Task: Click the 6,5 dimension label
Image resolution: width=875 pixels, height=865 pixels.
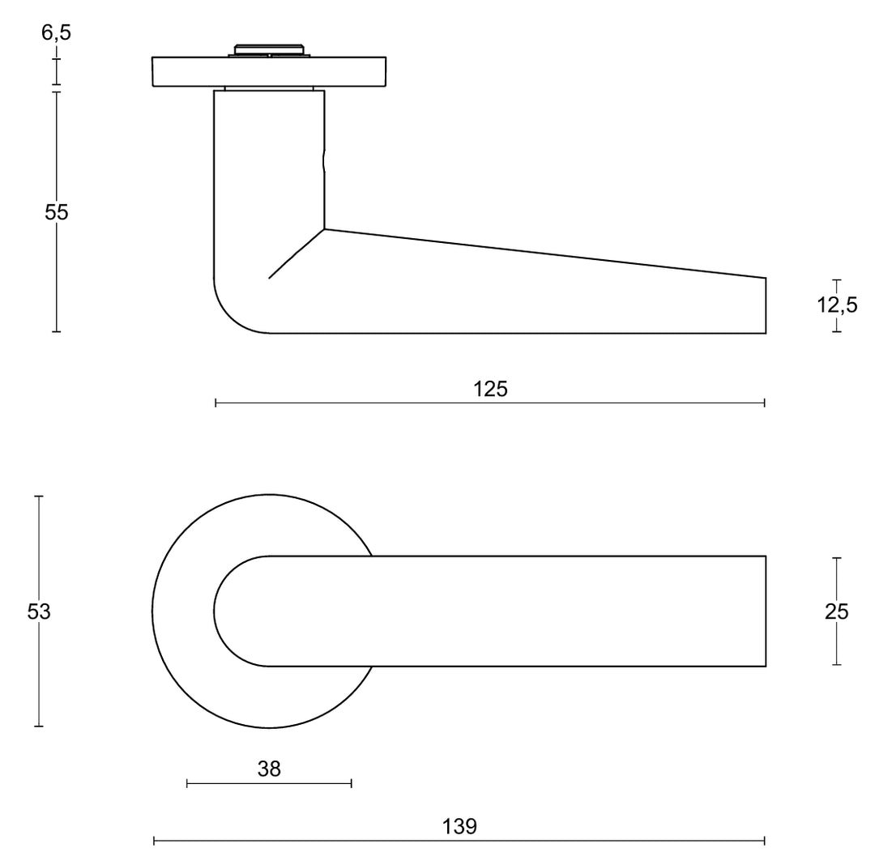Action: (55, 32)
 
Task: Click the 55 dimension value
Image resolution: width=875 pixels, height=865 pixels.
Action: (57, 212)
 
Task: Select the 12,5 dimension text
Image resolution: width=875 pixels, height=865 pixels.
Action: (837, 305)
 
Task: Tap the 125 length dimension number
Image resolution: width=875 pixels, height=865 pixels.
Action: (490, 390)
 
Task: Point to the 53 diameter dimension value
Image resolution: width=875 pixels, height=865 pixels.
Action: (39, 611)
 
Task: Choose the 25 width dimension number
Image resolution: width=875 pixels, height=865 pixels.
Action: (836, 611)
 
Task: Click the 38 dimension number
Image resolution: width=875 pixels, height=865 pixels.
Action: (269, 769)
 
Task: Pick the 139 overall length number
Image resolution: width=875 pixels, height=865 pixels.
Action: (459, 827)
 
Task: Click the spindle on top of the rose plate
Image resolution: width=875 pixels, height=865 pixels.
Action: (269, 50)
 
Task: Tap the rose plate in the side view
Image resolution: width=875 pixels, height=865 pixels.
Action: (269, 71)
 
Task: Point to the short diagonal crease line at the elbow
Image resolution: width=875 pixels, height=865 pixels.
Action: (297, 254)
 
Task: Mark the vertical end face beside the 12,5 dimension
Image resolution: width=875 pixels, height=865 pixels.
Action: (766, 305)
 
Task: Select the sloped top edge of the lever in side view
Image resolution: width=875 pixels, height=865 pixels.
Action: (543, 254)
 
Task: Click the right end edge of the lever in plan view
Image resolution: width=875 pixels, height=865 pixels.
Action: (766, 611)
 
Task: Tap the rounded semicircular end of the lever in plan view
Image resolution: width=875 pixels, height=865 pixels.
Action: (216, 611)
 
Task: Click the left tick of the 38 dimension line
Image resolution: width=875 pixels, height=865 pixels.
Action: (187, 782)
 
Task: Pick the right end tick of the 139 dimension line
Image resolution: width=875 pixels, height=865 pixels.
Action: (765, 841)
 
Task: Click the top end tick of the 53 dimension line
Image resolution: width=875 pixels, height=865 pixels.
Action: (39, 496)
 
